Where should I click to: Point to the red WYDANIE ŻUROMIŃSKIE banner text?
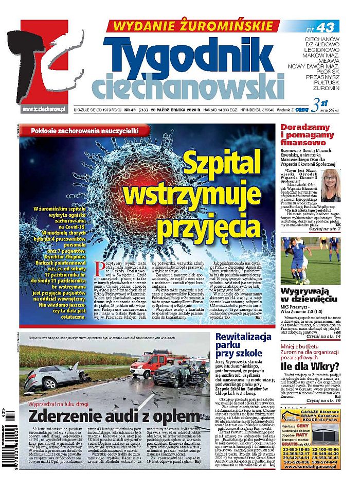pos(197,25)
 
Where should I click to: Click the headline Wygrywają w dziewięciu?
pos(309,296)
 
